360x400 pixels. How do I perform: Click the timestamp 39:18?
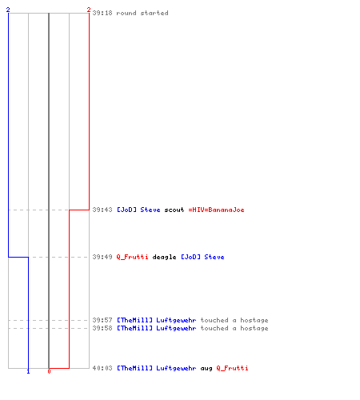point(102,13)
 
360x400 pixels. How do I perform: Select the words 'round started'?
point(142,13)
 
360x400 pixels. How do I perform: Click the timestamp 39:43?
point(102,210)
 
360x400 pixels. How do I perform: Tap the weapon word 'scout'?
point(174,210)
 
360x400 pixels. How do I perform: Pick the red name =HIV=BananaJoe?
point(216,210)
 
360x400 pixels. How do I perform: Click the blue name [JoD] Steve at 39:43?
point(138,210)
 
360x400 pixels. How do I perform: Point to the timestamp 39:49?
point(102,257)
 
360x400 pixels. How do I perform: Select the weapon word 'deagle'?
point(164,257)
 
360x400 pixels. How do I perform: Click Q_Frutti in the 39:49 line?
point(132,257)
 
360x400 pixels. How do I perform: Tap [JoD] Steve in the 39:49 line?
point(202,257)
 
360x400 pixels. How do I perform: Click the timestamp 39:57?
point(102,320)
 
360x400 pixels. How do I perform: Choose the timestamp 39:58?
point(102,328)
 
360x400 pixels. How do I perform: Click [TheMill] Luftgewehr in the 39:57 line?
point(157,320)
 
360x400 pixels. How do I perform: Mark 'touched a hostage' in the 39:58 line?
point(234,328)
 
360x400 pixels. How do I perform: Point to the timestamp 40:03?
point(102,368)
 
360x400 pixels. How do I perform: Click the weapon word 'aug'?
point(206,369)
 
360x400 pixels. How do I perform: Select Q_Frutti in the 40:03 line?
point(232,368)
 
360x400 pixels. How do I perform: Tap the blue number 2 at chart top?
point(8,10)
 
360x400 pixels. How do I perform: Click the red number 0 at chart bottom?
point(49,371)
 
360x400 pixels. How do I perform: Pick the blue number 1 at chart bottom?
point(28,371)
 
